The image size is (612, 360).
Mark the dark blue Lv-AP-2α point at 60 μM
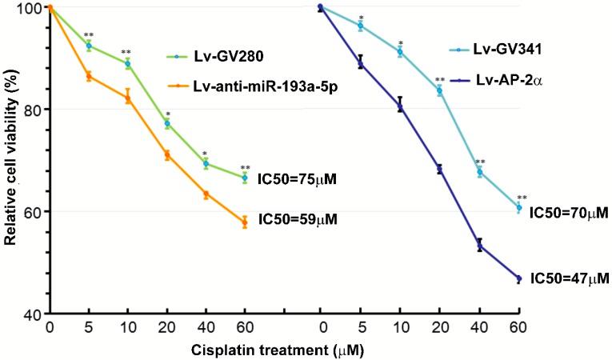pos(519,278)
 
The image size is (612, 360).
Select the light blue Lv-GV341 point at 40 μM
pos(480,172)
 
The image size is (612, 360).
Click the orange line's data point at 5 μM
pos(89,76)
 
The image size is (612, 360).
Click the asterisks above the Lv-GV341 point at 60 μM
pos(522,198)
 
